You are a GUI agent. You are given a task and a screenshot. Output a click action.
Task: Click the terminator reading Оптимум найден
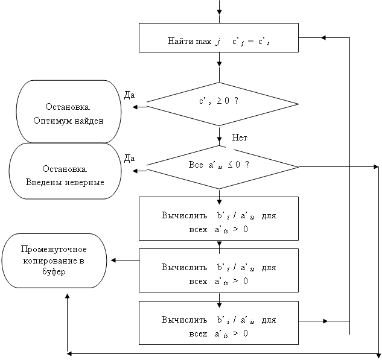[x=68, y=113]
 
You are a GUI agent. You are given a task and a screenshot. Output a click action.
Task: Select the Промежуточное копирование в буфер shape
[x=54, y=261]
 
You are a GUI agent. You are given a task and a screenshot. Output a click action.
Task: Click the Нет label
[x=240, y=138]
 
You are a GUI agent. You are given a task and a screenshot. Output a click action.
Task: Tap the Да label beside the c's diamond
[x=129, y=94]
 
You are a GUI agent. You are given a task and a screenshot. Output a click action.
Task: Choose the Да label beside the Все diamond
[x=129, y=158]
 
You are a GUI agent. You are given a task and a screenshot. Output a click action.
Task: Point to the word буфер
[x=54, y=272]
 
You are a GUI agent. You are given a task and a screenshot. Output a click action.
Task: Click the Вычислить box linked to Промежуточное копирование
[x=218, y=270]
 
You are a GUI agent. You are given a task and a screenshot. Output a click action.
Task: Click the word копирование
[x=54, y=261]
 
